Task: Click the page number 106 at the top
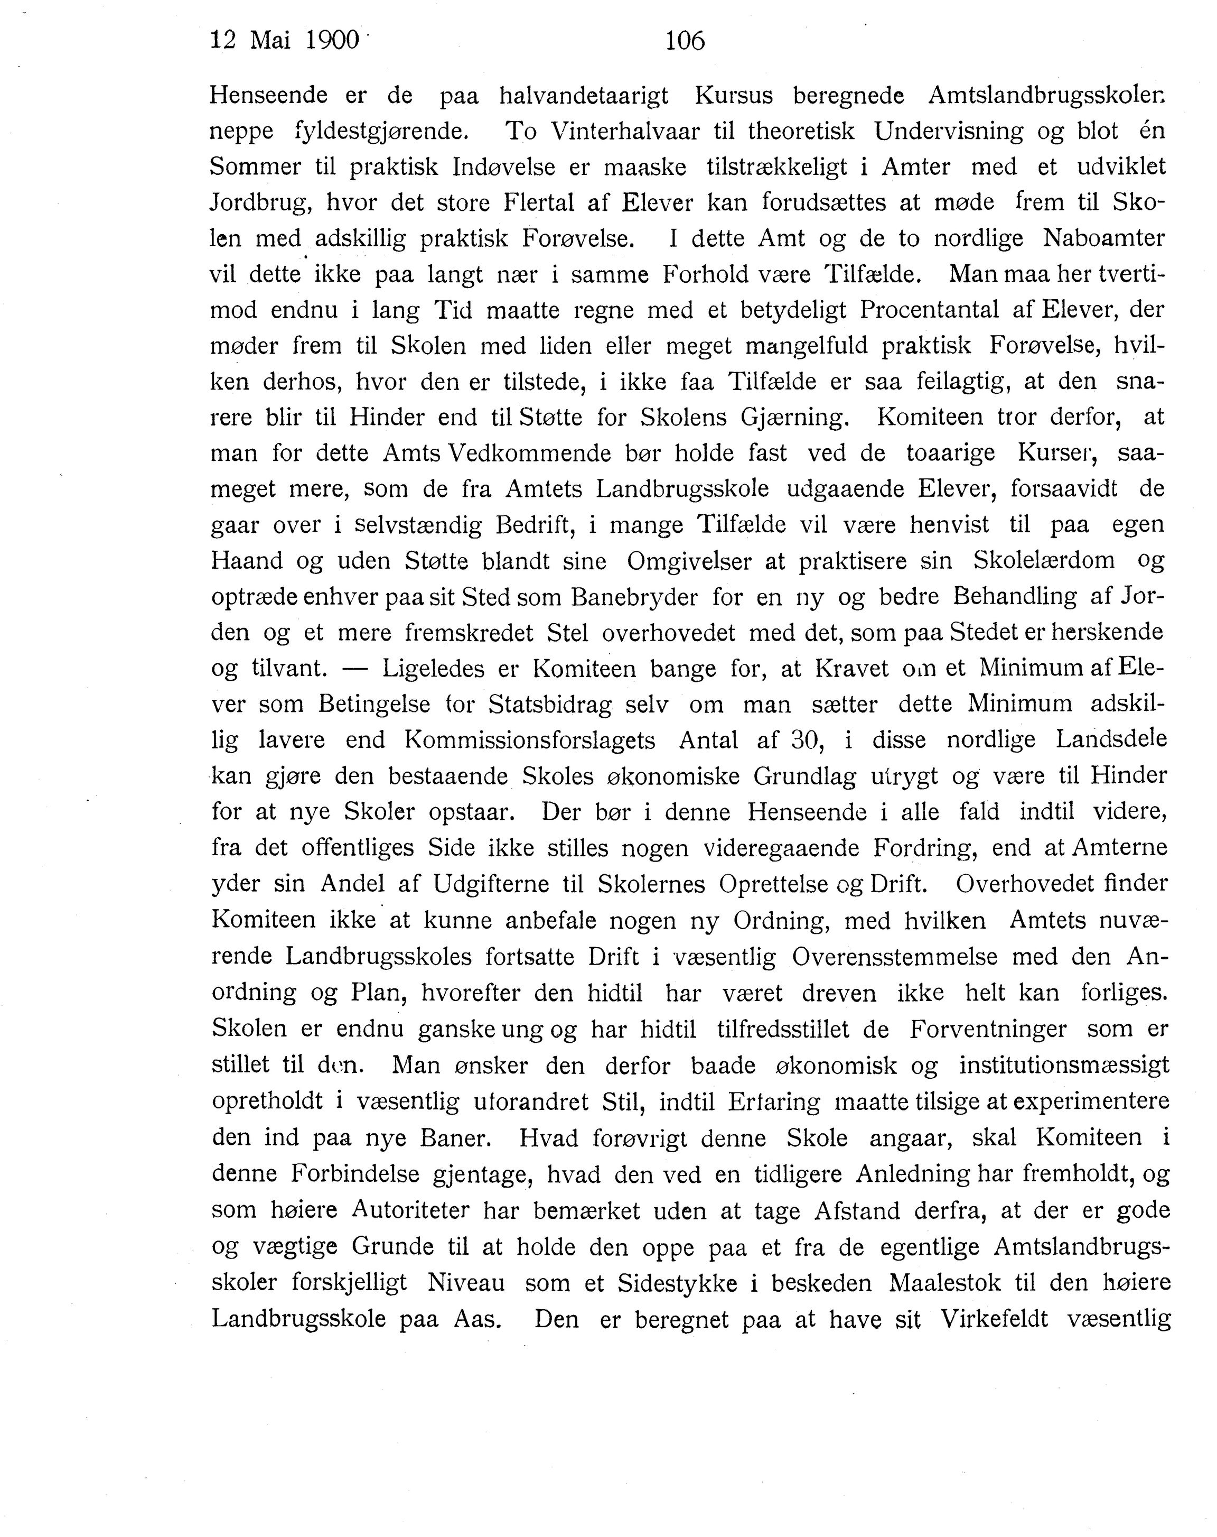pyautogui.click(x=684, y=41)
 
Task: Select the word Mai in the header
pyautogui.click(x=271, y=41)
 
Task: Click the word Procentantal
pyautogui.click(x=941, y=310)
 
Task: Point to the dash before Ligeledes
pyautogui.click(x=353, y=669)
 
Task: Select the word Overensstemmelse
pyautogui.click(x=894, y=957)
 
